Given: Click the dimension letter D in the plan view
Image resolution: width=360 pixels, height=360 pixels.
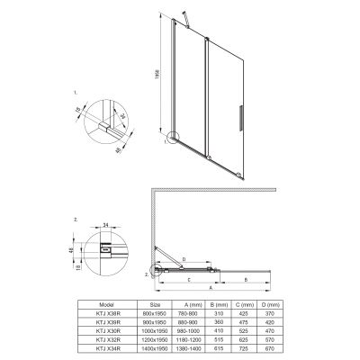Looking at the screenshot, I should (184, 260).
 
